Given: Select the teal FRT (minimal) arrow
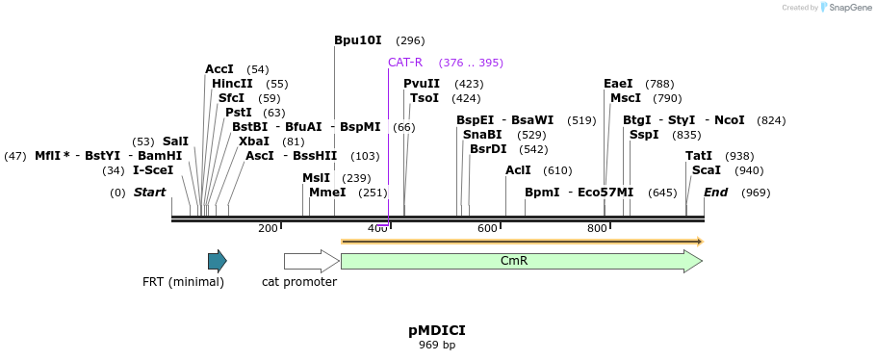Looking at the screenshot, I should point(217,261).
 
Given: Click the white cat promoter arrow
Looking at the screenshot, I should point(310,261).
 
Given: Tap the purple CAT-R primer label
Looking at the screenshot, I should point(404,63).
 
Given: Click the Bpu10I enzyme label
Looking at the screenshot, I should point(357,40).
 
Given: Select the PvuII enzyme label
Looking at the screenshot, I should point(421,84).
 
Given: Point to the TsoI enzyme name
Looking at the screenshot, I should point(424,98).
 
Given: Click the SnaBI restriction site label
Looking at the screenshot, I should point(481,135).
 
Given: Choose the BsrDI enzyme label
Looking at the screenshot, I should point(488,149).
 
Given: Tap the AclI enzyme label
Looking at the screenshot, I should point(518,170).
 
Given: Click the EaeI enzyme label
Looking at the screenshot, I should point(618,84).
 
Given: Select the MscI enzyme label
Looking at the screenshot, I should point(625,98).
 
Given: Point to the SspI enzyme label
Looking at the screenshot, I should point(644,135).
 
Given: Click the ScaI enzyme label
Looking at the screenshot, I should point(706,170).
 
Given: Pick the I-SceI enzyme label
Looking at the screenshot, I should point(153,170).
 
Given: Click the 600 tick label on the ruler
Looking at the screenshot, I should point(487,228).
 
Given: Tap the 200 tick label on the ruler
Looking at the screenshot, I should point(268,228).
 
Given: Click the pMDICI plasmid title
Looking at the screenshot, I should point(437,330).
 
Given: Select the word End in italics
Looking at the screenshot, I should point(715,193).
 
